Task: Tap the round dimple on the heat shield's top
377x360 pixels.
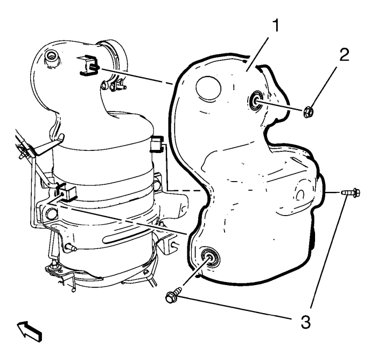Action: [x=207, y=87]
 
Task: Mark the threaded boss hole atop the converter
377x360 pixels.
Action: [x=53, y=56]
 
